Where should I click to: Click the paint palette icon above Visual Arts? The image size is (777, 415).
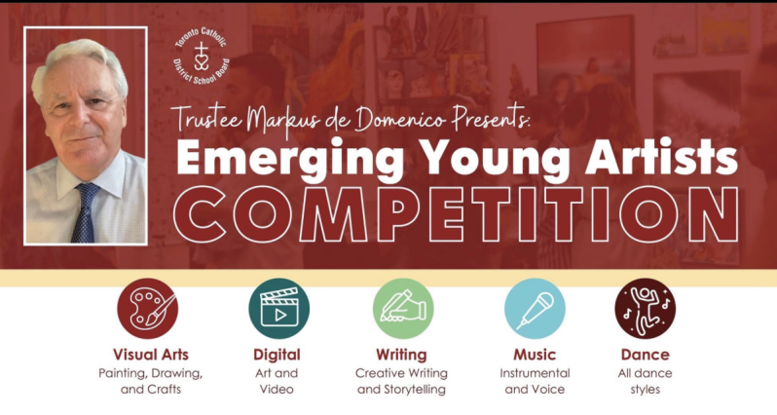click(x=148, y=309)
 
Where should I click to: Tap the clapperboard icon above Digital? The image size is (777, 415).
click(x=279, y=309)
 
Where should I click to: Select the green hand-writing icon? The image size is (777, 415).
click(x=403, y=309)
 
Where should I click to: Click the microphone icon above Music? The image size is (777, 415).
click(x=535, y=309)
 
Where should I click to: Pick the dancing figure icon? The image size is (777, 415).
click(x=646, y=309)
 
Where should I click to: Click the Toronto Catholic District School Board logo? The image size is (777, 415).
click(x=202, y=57)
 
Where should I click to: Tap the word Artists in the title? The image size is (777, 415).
click(x=662, y=156)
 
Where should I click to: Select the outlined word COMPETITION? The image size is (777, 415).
click(x=457, y=214)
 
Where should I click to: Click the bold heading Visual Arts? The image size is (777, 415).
click(x=151, y=355)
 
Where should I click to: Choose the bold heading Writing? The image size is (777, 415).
click(x=401, y=355)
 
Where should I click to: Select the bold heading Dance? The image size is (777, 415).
click(x=646, y=355)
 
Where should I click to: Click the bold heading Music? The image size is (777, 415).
click(x=535, y=355)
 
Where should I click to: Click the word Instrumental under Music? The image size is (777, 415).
click(x=536, y=373)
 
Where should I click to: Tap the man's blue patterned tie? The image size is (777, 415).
click(x=86, y=212)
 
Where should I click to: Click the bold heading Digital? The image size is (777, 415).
click(x=277, y=355)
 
